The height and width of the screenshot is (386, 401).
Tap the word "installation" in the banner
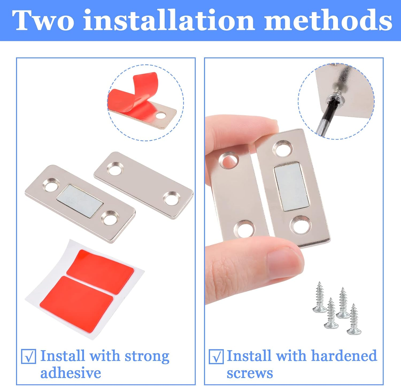[x=169, y=20]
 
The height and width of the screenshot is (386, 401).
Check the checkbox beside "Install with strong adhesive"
[x=29, y=356]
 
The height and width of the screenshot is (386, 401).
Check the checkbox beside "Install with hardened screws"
[x=216, y=356]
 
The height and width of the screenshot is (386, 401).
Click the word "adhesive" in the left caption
[x=71, y=373]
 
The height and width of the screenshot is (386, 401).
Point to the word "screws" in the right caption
[x=250, y=373]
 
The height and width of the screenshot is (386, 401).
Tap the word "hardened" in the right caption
[x=344, y=356]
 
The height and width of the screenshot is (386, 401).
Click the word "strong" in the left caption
[x=147, y=356]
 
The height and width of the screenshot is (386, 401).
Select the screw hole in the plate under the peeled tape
[x=161, y=116]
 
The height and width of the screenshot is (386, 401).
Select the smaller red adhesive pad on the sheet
[x=100, y=271]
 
